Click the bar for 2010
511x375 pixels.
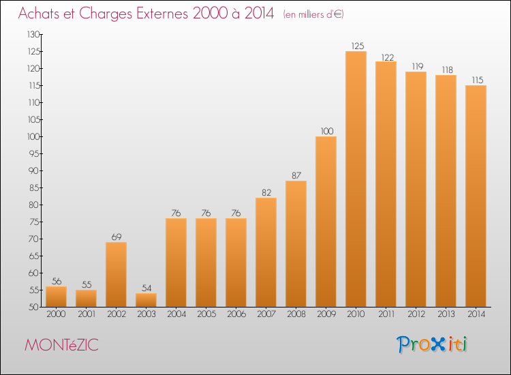tap(356, 179)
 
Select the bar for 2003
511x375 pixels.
tap(146, 300)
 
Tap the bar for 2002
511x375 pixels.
tap(116, 275)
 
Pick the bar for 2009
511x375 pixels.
tap(326, 222)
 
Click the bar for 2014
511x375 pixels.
tap(476, 196)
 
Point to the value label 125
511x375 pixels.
tap(358, 46)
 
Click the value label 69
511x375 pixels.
tap(117, 237)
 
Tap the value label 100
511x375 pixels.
tap(327, 131)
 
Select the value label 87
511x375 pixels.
tap(296, 175)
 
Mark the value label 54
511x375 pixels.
tap(146, 288)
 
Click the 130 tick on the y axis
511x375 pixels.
tap(33, 34)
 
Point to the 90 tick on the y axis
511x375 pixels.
tap(34, 170)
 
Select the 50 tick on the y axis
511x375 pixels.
tap(34, 307)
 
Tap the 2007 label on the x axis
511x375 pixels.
tap(266, 314)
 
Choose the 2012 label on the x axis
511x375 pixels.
tap(416, 314)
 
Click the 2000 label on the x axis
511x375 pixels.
tap(56, 314)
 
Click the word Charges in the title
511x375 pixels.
tap(106, 14)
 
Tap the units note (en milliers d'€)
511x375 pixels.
tap(313, 14)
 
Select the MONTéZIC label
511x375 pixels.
tap(61, 345)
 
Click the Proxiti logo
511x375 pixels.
tap(432, 344)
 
